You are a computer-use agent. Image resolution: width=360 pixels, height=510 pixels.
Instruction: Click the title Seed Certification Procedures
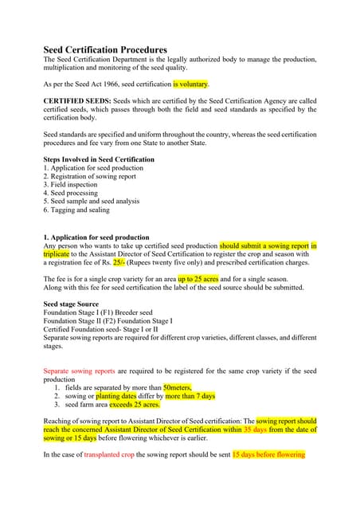click(104, 50)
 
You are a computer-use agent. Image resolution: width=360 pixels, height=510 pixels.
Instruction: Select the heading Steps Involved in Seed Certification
click(99, 159)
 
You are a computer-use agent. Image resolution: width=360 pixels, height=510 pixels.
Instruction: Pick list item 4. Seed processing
click(75, 192)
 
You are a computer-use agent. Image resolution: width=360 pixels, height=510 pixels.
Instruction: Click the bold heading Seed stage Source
click(71, 304)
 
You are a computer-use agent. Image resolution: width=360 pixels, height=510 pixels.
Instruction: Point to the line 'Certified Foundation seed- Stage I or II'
click(100, 329)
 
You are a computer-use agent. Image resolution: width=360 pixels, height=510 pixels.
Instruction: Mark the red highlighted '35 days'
click(254, 430)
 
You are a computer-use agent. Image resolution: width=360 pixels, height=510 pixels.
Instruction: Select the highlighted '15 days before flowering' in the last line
click(268, 455)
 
